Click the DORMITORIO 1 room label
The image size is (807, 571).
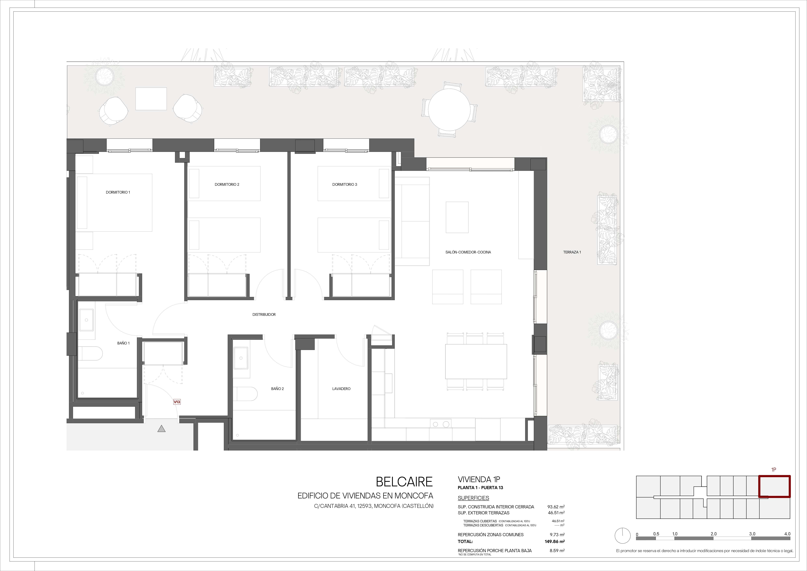(118, 192)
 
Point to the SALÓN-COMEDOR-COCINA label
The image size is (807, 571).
(468, 252)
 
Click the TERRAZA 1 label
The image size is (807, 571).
(572, 252)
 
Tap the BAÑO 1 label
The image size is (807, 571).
(123, 343)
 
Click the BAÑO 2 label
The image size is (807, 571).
(277, 389)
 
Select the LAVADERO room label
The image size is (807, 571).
(341, 389)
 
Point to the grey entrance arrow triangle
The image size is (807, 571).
(161, 429)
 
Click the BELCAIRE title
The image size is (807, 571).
(404, 482)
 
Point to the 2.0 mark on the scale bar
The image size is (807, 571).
(713, 534)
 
